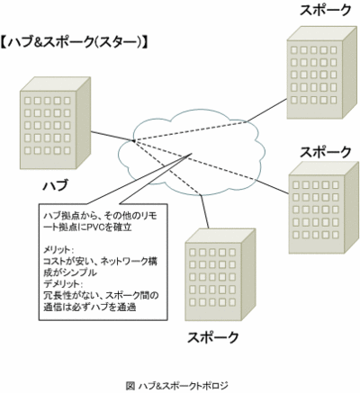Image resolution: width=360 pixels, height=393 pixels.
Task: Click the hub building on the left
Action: click(55, 123)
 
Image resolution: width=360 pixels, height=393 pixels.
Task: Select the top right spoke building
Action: click(322, 73)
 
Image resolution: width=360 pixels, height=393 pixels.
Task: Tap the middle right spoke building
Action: click(324, 208)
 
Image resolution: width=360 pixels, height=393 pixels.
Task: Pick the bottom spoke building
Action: click(220, 275)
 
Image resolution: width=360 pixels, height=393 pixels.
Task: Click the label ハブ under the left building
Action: click(55, 184)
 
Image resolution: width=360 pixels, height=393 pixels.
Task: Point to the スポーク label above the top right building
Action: click(326, 10)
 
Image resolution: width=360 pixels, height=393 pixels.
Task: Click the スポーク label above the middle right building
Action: click(326, 152)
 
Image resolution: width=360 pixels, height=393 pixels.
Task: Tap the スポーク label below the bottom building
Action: click(213, 337)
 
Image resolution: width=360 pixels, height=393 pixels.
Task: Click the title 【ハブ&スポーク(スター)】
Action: click(74, 43)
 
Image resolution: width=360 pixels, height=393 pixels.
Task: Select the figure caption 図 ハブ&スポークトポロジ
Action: click(177, 385)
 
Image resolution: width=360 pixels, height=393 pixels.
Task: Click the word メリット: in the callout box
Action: click(58, 250)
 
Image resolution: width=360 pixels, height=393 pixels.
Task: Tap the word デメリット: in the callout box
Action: click(62, 283)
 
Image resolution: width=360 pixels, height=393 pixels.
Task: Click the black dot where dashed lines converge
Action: click(133, 140)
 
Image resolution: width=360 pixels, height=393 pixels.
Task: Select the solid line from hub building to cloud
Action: click(112, 136)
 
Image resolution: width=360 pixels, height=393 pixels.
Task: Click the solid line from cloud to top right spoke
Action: click(266, 111)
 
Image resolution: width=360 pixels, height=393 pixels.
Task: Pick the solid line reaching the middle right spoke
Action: click(272, 187)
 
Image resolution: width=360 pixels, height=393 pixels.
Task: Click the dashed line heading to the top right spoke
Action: click(190, 131)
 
